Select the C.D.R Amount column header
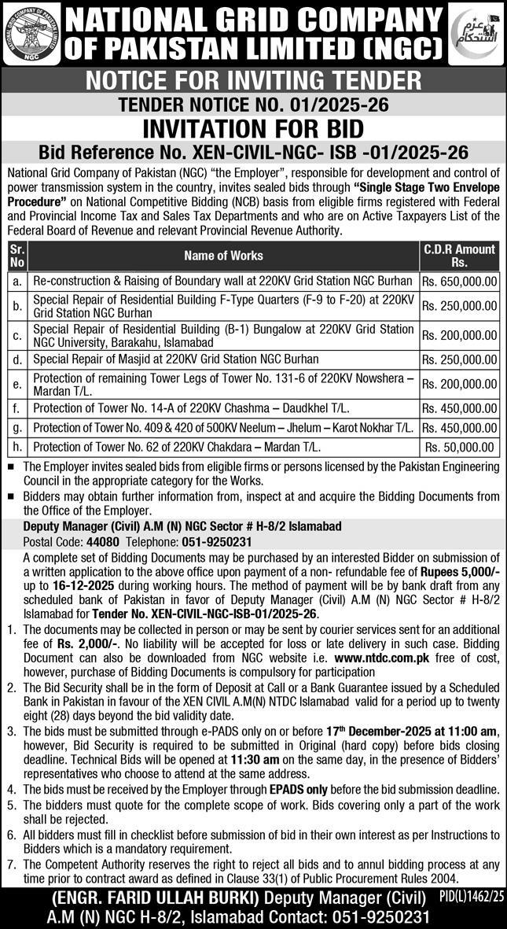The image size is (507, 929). click(460, 256)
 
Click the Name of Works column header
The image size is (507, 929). click(223, 256)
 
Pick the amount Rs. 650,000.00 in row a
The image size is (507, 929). click(460, 281)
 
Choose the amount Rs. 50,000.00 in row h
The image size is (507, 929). click(460, 447)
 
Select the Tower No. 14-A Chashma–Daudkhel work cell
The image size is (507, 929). click(191, 408)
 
